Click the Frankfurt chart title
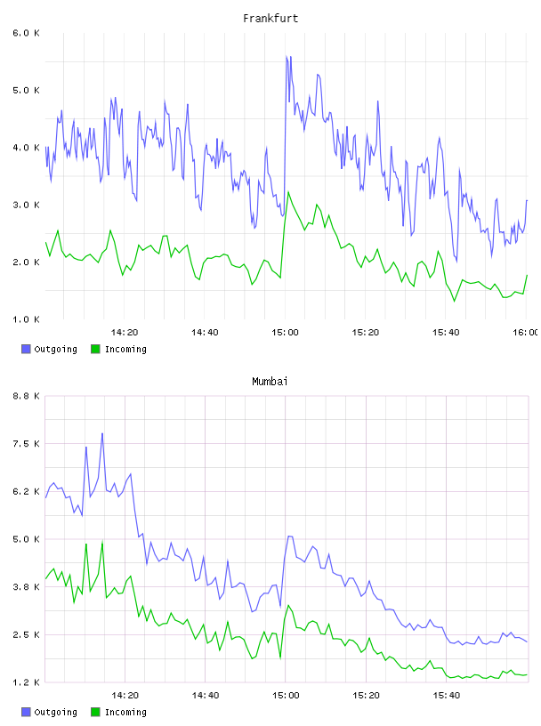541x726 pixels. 270,19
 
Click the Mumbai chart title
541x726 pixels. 270,382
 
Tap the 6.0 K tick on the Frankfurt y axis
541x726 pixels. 26,33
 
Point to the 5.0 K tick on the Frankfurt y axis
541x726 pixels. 26,90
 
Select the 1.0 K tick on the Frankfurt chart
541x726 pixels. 26,319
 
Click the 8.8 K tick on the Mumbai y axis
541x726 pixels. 26,396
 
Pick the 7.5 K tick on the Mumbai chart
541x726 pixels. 26,444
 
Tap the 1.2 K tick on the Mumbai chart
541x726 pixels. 26,682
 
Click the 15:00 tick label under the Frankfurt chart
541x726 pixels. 286,333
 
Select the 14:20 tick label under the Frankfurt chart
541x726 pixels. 125,333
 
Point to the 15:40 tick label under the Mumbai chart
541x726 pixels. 447,696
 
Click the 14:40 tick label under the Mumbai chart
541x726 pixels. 206,696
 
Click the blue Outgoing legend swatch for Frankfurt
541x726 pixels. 26,349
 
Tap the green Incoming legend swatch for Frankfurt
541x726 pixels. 95,349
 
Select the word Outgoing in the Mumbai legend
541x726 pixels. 55,712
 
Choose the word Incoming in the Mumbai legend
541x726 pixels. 125,712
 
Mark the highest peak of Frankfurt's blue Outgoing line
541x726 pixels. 287,56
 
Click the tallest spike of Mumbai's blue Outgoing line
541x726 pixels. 102,434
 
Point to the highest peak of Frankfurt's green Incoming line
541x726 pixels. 288,191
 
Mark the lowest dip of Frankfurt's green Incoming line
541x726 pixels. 455,301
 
